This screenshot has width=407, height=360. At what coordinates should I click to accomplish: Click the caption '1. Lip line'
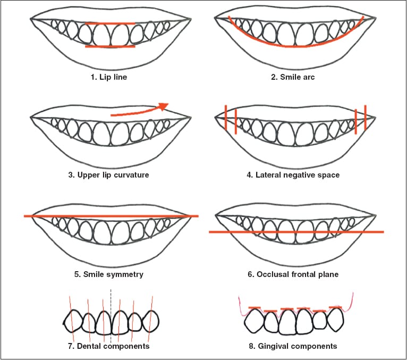tap(109, 77)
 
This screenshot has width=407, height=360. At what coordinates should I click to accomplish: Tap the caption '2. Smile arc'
tap(293, 77)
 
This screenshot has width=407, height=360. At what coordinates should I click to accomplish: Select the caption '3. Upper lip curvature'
tap(108, 175)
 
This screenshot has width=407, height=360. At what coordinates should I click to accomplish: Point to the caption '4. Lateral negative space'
tap(293, 175)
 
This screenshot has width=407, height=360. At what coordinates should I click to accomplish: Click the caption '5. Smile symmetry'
tap(109, 274)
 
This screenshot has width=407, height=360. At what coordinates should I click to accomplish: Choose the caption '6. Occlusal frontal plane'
tap(293, 274)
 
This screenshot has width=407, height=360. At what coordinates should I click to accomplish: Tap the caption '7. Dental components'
tap(109, 346)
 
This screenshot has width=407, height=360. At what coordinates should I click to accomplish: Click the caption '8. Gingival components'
tap(293, 346)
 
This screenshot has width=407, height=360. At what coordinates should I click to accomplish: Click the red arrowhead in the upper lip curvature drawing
tap(164, 106)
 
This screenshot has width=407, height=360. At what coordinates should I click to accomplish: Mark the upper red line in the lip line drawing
tap(111, 23)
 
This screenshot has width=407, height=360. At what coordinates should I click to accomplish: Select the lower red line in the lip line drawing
tap(111, 46)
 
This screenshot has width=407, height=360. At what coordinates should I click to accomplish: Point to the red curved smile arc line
tap(293, 47)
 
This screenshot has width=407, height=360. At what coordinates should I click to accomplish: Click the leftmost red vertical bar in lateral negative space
tap(226, 117)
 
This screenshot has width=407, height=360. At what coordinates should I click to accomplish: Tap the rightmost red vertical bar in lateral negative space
tap(365, 117)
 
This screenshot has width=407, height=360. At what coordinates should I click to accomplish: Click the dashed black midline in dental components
tap(111, 315)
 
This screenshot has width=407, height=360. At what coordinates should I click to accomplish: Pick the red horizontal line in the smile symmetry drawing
tap(111, 216)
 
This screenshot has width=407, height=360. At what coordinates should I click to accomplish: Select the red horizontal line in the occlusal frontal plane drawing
tap(296, 232)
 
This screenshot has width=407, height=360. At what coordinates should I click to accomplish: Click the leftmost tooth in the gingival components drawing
tap(255, 321)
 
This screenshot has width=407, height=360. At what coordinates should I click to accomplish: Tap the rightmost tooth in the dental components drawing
tap(150, 322)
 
